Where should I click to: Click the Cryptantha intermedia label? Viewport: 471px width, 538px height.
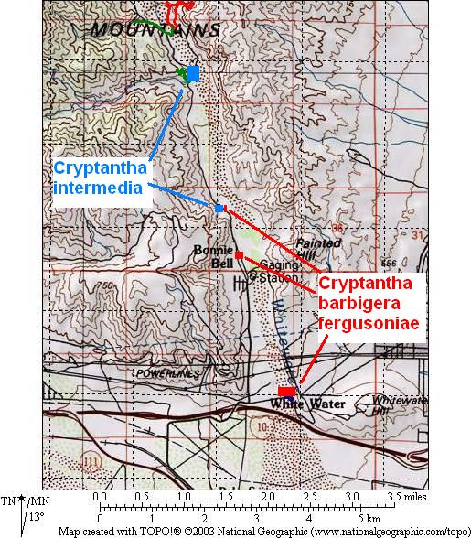click(x=99, y=178)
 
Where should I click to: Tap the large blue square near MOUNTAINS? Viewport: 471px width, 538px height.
click(x=192, y=74)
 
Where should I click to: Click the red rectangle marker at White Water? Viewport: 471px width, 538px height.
click(x=286, y=392)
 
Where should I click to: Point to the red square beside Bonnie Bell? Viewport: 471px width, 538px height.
click(x=239, y=254)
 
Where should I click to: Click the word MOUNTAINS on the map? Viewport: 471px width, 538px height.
click(x=155, y=30)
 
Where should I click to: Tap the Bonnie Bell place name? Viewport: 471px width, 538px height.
click(x=214, y=256)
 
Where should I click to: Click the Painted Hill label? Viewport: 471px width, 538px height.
click(x=319, y=249)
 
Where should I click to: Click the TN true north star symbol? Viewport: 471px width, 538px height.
click(x=20, y=501)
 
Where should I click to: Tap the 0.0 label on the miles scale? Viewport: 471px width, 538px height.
click(x=100, y=495)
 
